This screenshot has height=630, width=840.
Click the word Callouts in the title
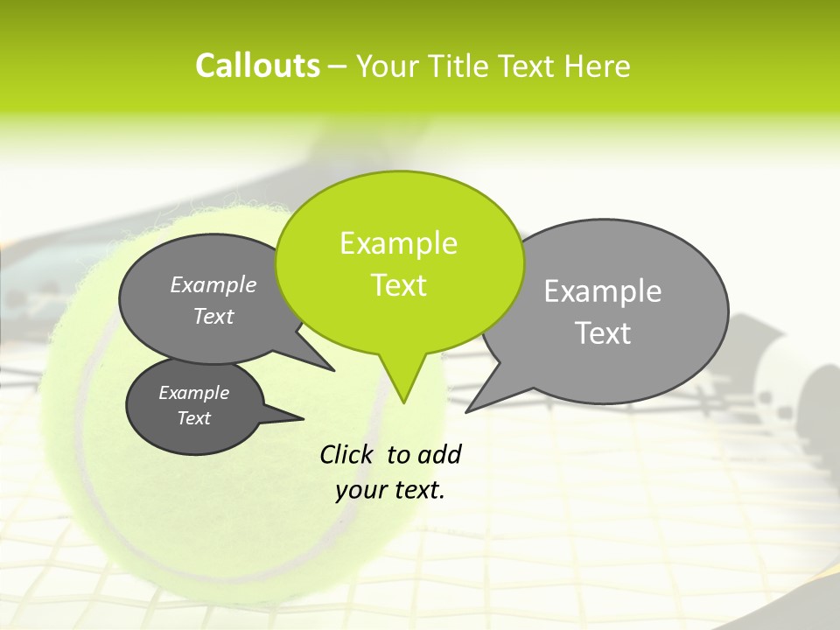click(257, 66)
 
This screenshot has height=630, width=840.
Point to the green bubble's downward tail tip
click(403, 402)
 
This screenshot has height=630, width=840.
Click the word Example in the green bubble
click(399, 243)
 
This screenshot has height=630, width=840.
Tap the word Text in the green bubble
click(399, 285)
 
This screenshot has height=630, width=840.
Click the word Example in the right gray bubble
click(603, 290)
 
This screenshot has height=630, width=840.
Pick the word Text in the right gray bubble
click(603, 332)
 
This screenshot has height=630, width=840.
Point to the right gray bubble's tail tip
click(466, 411)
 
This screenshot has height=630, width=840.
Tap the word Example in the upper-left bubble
click(213, 284)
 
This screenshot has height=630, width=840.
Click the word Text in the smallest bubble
click(194, 418)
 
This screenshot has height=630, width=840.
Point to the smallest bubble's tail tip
click(303, 418)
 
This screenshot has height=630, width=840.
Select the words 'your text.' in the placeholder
click(390, 490)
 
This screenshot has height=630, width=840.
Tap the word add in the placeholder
click(439, 454)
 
